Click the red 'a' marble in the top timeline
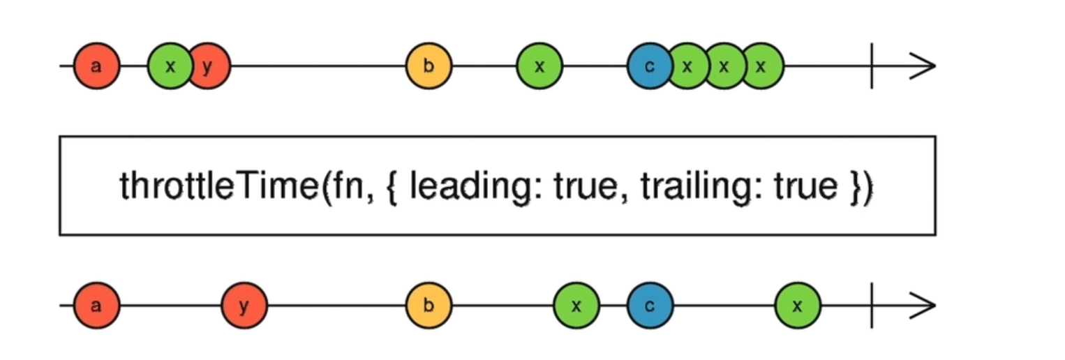96,66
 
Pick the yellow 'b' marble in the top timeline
429,66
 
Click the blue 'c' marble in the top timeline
649,66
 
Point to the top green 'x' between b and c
539,66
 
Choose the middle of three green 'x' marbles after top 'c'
724,66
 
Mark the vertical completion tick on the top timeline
871,66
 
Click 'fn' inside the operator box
350,186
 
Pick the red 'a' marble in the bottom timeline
96,306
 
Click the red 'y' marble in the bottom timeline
244,306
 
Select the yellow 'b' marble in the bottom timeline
429,306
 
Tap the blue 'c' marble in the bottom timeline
649,306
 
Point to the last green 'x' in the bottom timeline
798,306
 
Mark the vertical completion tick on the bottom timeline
871,306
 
